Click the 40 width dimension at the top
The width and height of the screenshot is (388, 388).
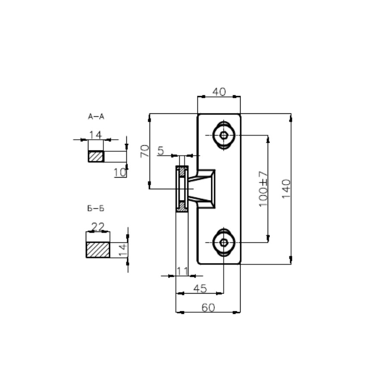pos(219,92)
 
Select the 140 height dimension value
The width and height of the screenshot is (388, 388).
pos(286,189)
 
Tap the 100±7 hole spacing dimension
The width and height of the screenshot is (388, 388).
pos(263,189)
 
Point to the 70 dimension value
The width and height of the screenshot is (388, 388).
pos(145,151)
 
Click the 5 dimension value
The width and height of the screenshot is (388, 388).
pos(161,150)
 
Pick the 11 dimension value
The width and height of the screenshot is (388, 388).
pos(182,272)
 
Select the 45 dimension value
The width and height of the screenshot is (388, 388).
pos(200,288)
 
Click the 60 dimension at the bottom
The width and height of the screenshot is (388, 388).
pos(208,307)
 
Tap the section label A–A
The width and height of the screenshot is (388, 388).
pos(96,116)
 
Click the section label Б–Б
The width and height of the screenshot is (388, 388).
pos(96,208)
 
